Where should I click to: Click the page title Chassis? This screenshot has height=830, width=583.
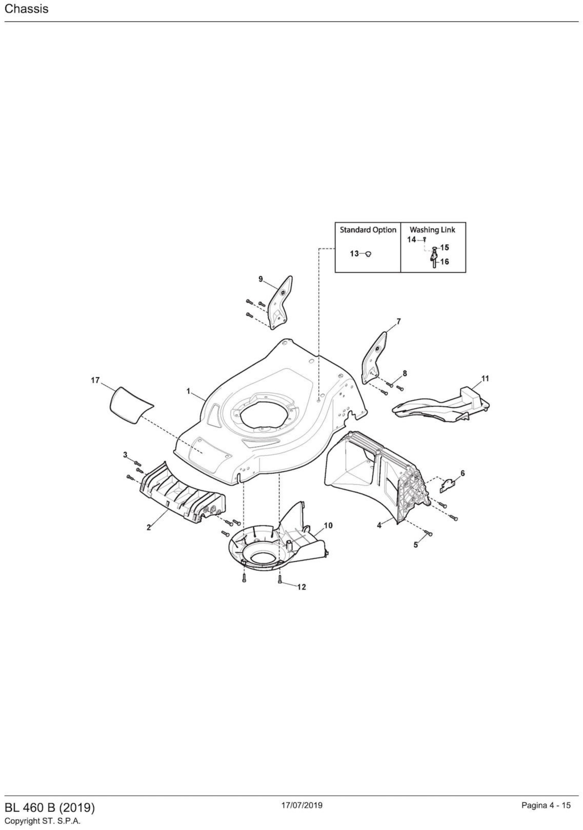click(x=26, y=9)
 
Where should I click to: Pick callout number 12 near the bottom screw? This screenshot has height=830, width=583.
click(x=301, y=587)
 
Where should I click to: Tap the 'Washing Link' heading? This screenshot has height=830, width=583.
click(x=432, y=230)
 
